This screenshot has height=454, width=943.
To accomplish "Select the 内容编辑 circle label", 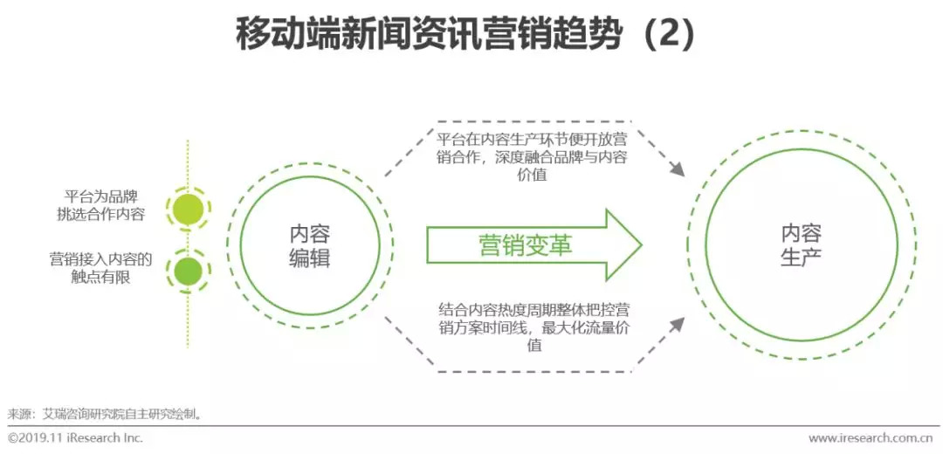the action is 310,246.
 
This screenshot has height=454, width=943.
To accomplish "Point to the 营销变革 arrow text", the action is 526,245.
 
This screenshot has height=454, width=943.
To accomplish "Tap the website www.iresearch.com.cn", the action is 873,437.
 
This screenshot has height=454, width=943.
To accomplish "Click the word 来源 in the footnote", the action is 21,413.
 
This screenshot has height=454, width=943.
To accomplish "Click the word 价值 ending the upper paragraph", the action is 532,175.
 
